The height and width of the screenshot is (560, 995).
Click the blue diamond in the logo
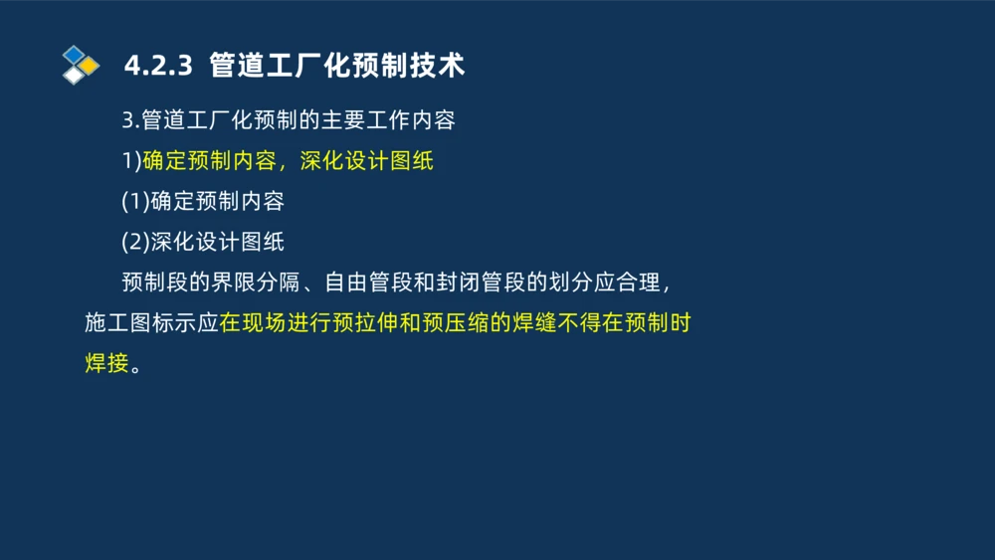pyautogui.click(x=74, y=55)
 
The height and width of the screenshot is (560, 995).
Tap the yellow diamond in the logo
pyautogui.click(x=90, y=66)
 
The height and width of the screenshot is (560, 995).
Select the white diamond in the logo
pyautogui.click(x=74, y=75)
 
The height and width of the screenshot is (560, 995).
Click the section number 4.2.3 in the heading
pyautogui.click(x=156, y=66)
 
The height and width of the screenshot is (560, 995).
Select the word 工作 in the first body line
pyautogui.click(x=388, y=120)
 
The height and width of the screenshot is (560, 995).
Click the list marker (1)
pyautogui.click(x=135, y=201)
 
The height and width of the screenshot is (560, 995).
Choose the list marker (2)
pyautogui.click(x=135, y=242)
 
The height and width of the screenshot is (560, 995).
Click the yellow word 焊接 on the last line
pyautogui.click(x=106, y=364)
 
